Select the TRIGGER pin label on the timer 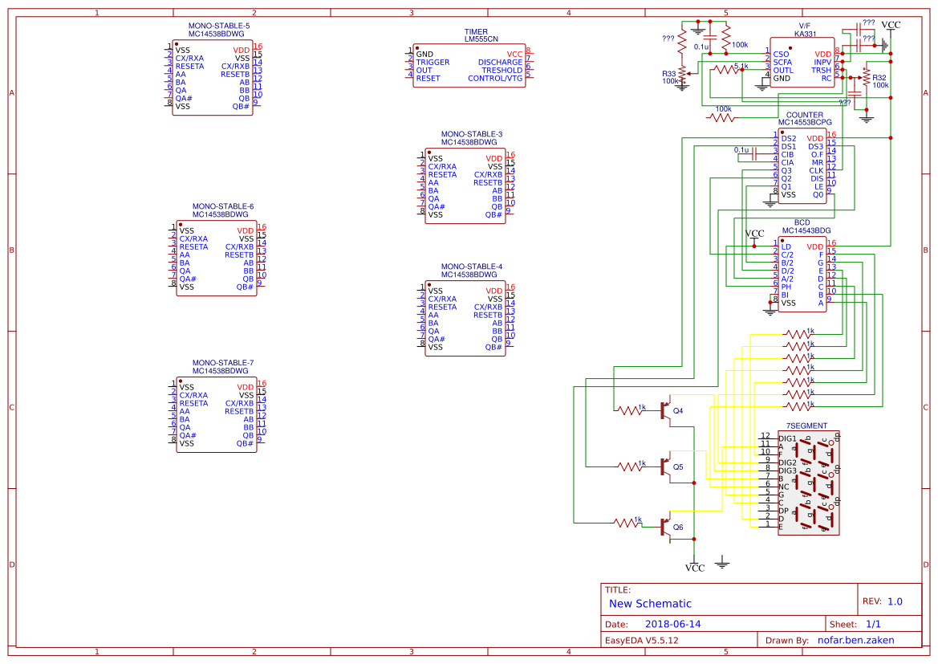click(432, 63)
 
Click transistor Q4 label click(678, 411)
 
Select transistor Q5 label click(678, 466)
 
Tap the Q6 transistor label click(678, 528)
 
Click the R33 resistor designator click(668, 73)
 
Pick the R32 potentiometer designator click(879, 77)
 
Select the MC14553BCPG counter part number click(805, 123)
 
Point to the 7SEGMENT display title click(806, 425)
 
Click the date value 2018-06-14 click(672, 624)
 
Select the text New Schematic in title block click(650, 604)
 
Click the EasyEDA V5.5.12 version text click(641, 640)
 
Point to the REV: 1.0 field click(882, 601)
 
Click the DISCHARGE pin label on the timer click(500, 63)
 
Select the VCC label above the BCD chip click(755, 234)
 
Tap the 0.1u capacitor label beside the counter click(741, 149)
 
